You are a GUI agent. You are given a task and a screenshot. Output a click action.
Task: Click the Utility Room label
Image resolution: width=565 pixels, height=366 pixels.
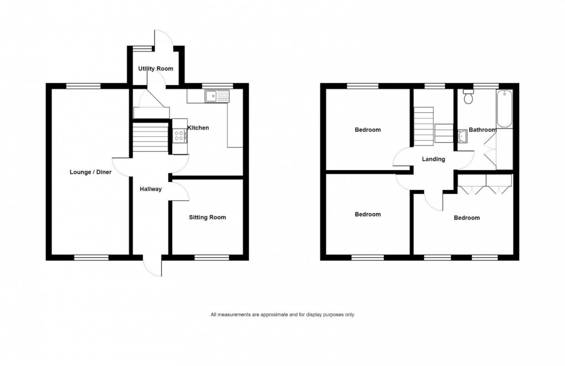pos(155,69)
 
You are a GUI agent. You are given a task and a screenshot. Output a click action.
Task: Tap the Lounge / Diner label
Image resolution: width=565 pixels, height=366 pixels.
pos(90,172)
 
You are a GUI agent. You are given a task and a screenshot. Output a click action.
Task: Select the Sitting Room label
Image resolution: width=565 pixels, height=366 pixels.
pos(207,218)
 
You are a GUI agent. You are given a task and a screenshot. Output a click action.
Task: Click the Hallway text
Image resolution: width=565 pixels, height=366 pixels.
pos(151,189)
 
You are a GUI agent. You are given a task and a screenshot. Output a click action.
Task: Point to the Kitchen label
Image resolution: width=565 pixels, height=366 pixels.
pos(198,128)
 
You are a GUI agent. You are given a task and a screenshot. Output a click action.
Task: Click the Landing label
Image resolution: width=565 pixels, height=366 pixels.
pos(433,159)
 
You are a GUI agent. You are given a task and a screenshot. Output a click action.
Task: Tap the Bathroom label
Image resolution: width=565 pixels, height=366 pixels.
pos(482,130)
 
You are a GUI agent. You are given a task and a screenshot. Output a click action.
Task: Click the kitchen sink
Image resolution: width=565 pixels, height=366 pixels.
pos(216,97)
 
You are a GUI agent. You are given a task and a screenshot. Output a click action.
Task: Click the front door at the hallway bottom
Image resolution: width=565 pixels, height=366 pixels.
pos(152,266)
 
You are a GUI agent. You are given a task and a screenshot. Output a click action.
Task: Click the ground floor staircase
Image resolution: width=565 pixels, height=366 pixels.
pos(150,137)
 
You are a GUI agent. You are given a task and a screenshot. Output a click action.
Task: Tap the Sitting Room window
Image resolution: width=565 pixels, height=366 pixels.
pos(212,257)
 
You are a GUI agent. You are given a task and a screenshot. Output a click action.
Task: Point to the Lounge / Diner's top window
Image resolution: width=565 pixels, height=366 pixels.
pos(84,86)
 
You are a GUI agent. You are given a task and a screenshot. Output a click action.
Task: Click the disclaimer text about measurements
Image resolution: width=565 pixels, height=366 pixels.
pos(282,315)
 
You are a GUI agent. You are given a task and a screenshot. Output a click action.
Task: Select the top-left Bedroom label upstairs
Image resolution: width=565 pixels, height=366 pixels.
pos(368,130)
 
